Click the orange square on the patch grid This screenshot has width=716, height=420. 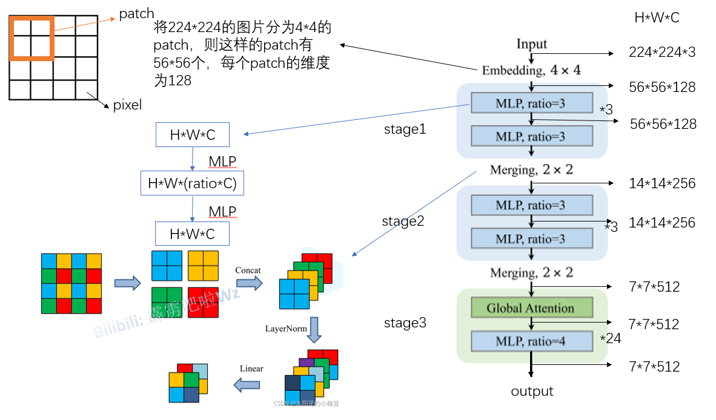(x=31, y=38)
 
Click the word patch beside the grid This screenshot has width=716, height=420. (x=136, y=13)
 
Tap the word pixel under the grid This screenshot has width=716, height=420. (x=127, y=105)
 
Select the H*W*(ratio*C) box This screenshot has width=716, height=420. (x=193, y=183)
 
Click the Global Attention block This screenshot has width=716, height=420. (x=531, y=308)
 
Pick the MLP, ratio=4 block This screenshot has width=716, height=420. (x=531, y=341)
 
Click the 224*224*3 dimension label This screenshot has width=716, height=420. (x=662, y=53)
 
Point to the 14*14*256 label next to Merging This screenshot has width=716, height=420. (x=662, y=183)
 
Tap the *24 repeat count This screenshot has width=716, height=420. (x=611, y=338)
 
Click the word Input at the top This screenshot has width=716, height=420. (x=531, y=44)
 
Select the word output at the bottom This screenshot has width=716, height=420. (x=532, y=392)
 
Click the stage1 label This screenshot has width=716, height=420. (x=405, y=130)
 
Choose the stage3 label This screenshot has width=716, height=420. (x=405, y=323)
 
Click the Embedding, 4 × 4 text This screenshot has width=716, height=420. (x=531, y=70)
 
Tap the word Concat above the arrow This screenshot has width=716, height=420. (x=248, y=270)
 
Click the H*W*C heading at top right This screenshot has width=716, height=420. (x=657, y=18)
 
